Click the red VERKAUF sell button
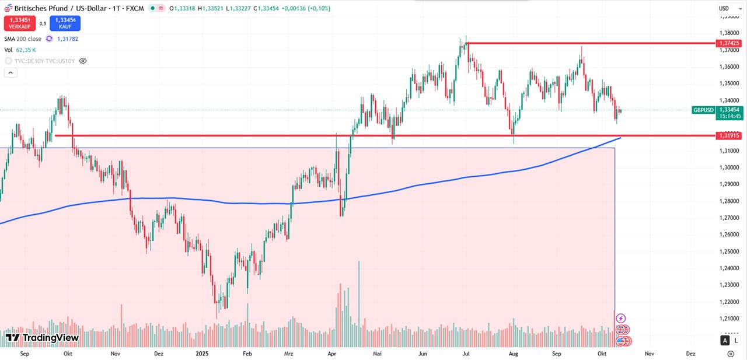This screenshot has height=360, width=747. (19, 23)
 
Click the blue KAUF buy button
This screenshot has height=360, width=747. (65, 23)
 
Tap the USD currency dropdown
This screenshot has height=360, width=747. (724, 8)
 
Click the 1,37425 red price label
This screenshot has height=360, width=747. (729, 43)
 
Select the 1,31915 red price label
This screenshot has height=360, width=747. (729, 135)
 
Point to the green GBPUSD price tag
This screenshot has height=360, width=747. (703, 110)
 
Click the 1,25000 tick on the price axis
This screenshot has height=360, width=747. (729, 251)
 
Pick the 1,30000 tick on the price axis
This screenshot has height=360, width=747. (729, 167)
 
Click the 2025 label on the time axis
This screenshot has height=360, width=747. (202, 354)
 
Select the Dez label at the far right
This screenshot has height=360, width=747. (691, 354)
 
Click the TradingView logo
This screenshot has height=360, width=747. (42, 337)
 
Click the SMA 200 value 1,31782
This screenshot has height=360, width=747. (67, 39)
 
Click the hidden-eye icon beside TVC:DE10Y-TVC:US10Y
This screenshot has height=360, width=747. (83, 61)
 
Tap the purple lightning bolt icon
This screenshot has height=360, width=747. (621, 318)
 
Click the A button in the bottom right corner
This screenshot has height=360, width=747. (725, 340)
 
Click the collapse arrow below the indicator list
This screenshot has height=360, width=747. (9, 72)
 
